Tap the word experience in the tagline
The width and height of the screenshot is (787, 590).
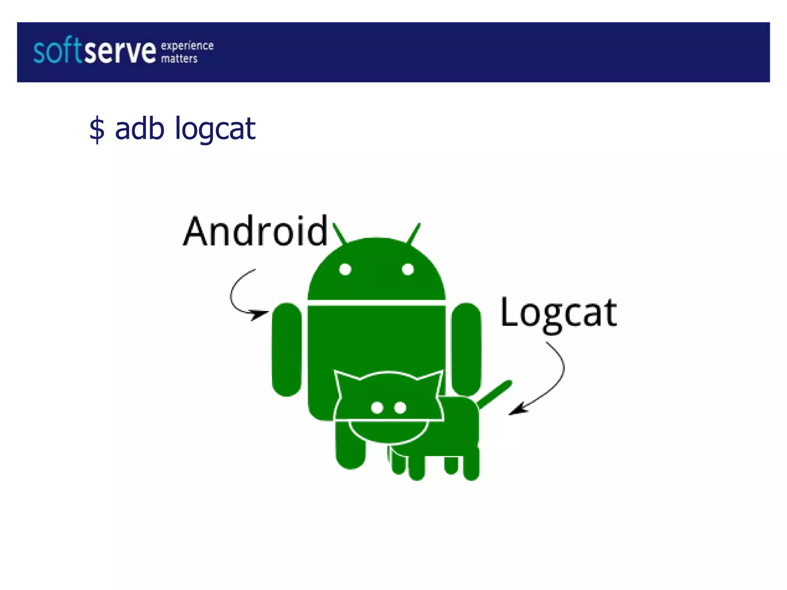point(187,46)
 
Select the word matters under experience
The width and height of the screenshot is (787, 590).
point(179,59)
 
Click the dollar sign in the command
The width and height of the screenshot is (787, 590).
point(97,129)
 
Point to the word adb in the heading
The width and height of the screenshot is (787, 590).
point(140,128)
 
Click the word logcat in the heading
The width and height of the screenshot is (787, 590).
point(215,129)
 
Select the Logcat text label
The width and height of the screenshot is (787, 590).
point(559,313)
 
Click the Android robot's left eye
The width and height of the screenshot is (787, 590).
point(345,269)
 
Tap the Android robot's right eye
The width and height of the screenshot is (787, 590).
point(408,269)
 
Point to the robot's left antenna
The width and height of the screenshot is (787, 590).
point(339,233)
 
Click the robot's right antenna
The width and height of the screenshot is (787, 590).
point(414,233)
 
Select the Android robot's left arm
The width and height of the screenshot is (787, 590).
point(287,349)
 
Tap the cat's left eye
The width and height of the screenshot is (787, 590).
point(377,407)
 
